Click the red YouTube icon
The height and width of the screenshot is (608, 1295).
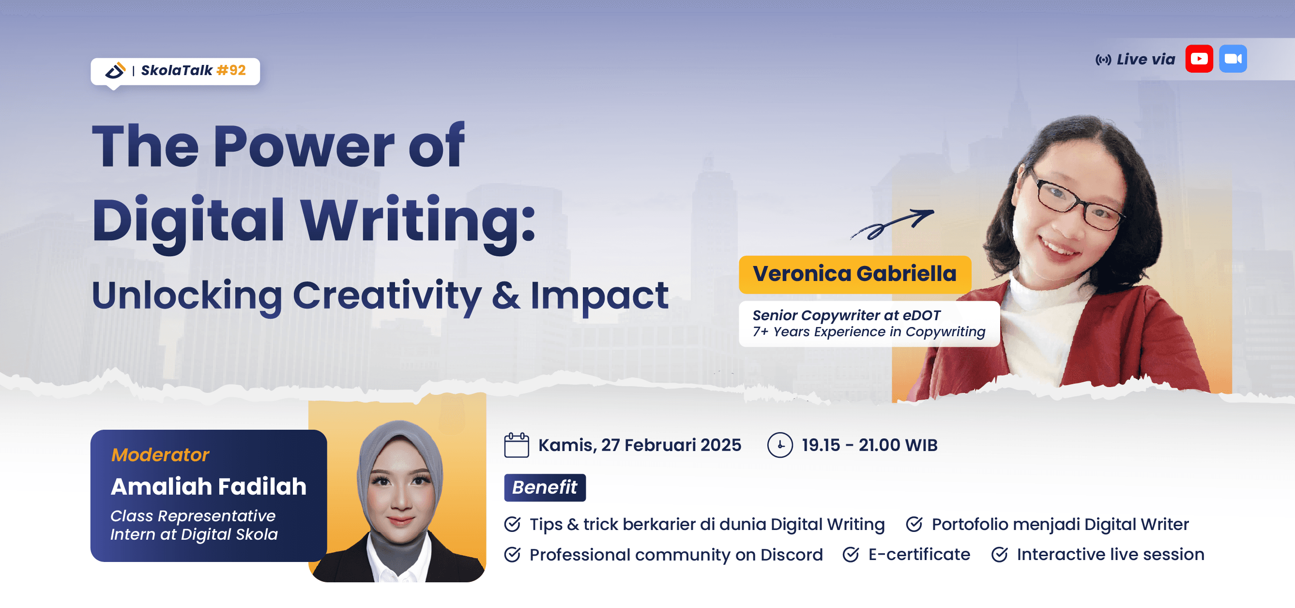click(1199, 59)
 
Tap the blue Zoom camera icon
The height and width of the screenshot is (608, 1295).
click(1233, 59)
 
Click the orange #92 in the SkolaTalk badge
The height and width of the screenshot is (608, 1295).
click(231, 70)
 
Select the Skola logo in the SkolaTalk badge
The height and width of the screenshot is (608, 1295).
click(115, 70)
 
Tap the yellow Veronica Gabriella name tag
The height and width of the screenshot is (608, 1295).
click(854, 274)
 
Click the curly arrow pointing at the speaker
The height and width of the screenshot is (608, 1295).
click(892, 224)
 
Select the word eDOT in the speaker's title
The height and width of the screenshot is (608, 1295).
click(921, 315)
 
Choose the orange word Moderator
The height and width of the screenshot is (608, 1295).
click(160, 454)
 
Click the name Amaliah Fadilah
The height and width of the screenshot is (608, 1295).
click(209, 486)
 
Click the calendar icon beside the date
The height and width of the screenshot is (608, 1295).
click(516, 445)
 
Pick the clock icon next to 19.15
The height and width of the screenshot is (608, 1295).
click(780, 445)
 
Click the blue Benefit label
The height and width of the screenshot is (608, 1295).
click(545, 487)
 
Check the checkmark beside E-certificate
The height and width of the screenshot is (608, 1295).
click(851, 554)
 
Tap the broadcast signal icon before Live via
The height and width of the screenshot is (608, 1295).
click(1103, 61)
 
